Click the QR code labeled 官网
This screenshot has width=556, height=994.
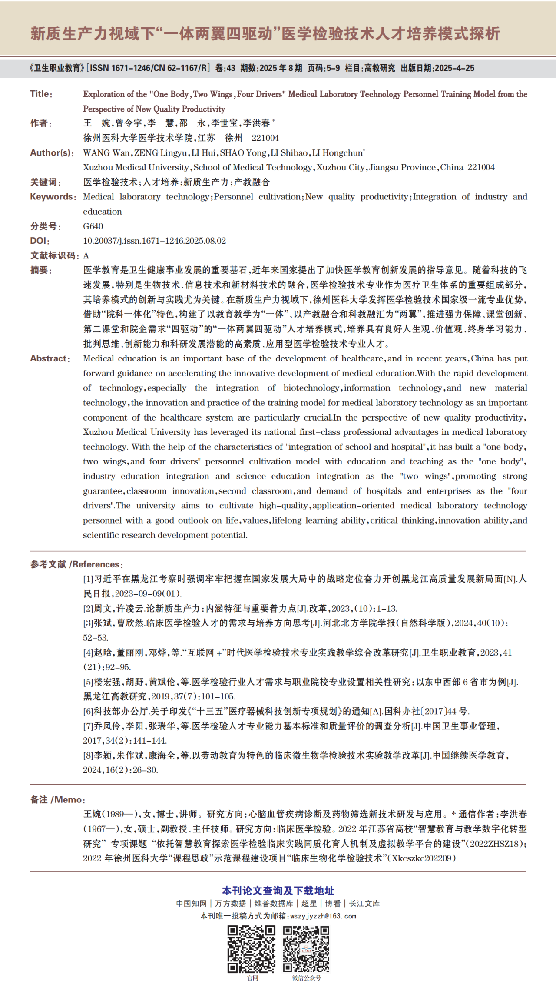coord(252,949)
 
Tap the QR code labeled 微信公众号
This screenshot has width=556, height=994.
coord(306,949)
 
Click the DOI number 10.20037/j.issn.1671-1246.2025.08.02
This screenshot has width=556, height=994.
coord(155,241)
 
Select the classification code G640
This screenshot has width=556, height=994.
coord(93,226)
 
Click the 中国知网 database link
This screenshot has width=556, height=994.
coord(192,903)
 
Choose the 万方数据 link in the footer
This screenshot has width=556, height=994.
coord(230,903)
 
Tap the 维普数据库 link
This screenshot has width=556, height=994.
coord(274,903)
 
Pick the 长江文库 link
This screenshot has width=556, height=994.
coord(364,903)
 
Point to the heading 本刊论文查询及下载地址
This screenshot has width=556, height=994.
coord(278,891)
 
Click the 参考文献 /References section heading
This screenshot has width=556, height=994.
coord(76,564)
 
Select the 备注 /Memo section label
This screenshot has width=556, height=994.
coord(57,800)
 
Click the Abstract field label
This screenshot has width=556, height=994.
coord(50,358)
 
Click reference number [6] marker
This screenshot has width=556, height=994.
coord(88,711)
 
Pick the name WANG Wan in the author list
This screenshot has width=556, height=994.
coord(106,153)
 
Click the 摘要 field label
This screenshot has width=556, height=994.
coord(41,270)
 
